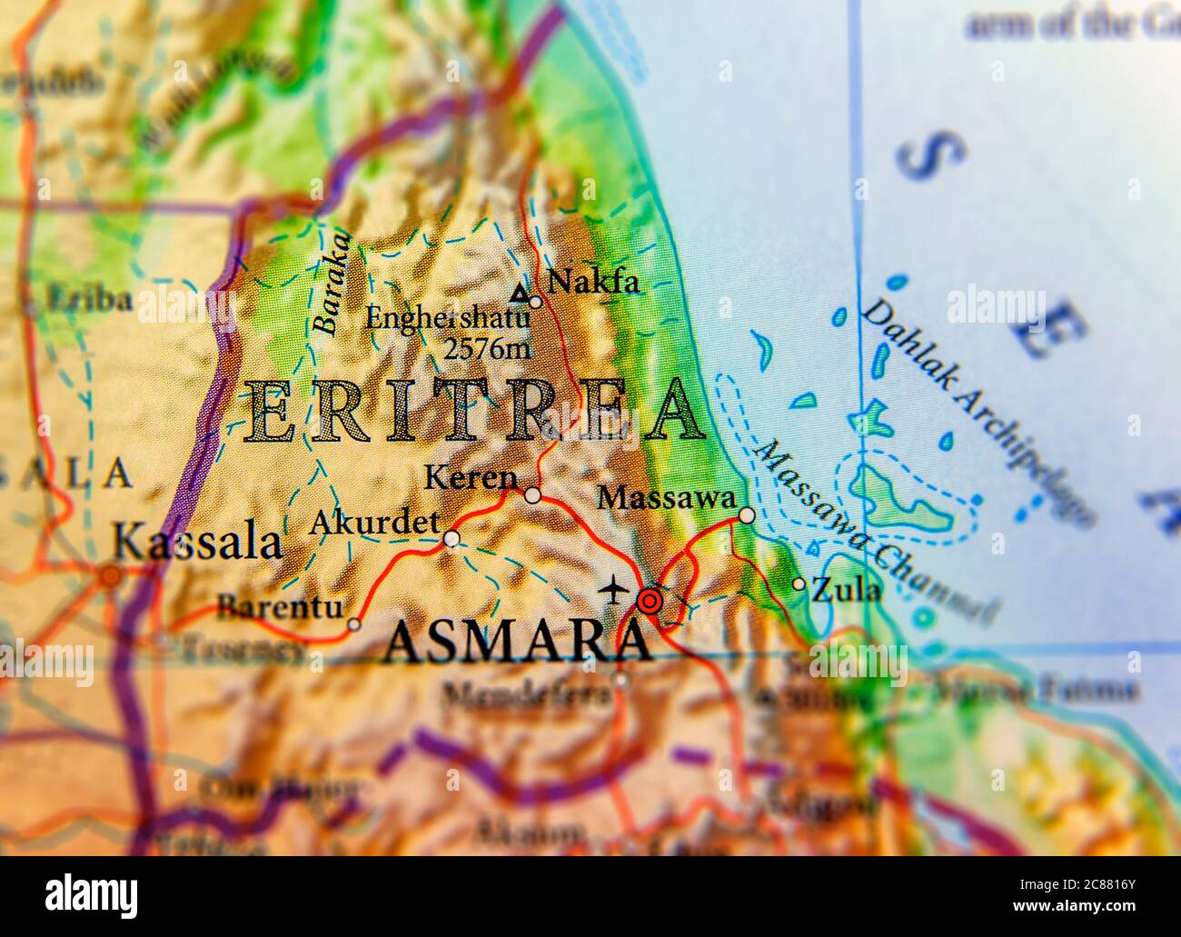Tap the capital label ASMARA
click(x=516, y=643)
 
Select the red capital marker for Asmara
click(x=650, y=601)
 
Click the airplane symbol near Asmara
click(x=614, y=589)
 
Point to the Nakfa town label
click(x=594, y=283)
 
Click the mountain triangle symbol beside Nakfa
click(x=519, y=293)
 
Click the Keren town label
click(x=471, y=477)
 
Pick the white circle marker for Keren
click(x=533, y=495)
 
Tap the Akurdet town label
click(x=374, y=523)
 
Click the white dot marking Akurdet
click(x=452, y=539)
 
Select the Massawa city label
click(x=667, y=498)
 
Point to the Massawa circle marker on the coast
click(x=747, y=515)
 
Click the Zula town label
click(x=846, y=591)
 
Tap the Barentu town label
click(x=280, y=606)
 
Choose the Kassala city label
click(x=195, y=543)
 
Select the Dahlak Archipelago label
click(x=977, y=411)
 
